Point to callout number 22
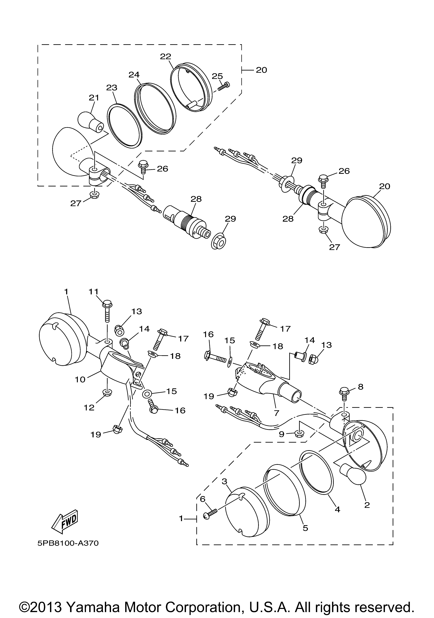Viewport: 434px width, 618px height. tap(165, 57)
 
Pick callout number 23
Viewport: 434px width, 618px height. tap(111, 88)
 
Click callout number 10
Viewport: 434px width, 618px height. tap(80, 380)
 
